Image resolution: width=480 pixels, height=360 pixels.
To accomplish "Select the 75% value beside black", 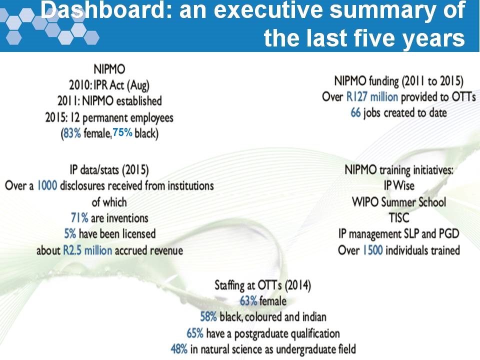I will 122,133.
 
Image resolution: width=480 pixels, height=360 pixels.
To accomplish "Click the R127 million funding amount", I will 372,96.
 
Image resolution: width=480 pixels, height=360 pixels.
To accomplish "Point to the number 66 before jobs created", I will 355,112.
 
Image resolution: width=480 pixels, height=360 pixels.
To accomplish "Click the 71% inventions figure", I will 79,217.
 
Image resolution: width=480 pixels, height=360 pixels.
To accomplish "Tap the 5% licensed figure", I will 70,233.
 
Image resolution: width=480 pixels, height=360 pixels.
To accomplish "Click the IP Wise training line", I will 399,186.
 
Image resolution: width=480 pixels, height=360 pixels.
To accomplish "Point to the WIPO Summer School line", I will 399,202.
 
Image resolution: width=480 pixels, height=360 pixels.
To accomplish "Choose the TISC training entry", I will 399,217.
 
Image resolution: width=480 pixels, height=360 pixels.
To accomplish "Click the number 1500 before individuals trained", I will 372,249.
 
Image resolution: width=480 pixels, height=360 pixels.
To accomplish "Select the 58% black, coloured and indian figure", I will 208,317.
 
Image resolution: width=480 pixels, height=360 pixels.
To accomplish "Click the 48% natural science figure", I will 179,349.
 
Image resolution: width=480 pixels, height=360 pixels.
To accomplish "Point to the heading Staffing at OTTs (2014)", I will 262,285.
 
